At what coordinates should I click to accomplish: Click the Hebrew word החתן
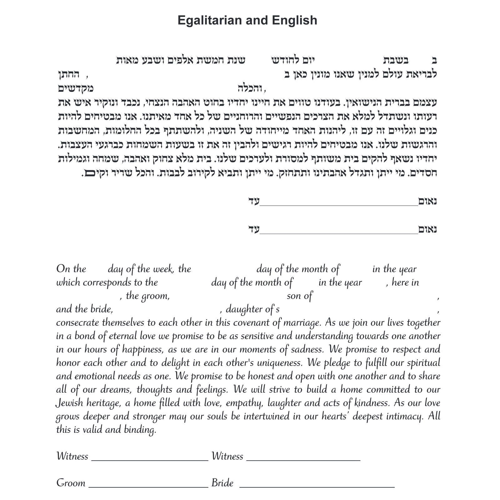coord(69,75)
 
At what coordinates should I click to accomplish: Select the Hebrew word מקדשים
coord(76,89)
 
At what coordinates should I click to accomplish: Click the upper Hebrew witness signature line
coord(339,205)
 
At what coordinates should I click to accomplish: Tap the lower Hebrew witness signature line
coord(339,233)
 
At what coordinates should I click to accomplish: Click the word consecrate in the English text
coord(78,322)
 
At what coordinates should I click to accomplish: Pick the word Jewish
coord(69,403)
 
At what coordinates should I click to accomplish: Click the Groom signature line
coord(148,486)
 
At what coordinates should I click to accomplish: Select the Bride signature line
coord(317,486)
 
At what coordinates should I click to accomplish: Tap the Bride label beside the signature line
coord(222,483)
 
